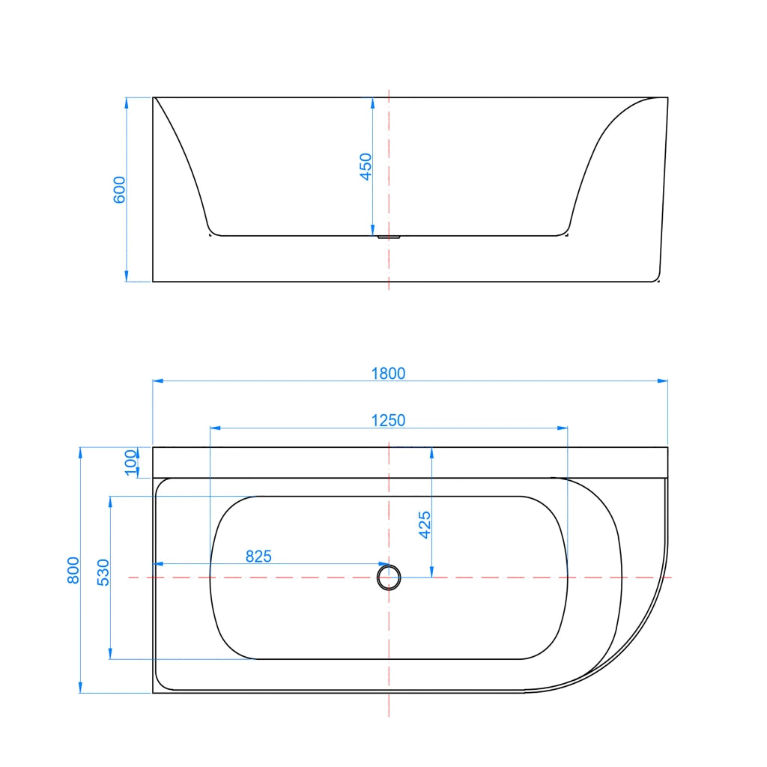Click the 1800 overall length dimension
(388, 373)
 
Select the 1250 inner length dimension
(388, 420)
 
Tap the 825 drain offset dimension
(258, 557)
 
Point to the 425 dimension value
(425, 524)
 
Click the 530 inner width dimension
(103, 572)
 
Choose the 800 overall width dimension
(73, 570)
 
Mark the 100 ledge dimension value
(130, 462)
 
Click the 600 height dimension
(119, 190)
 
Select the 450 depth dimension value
(366, 167)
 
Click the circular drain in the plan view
(389, 577)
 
